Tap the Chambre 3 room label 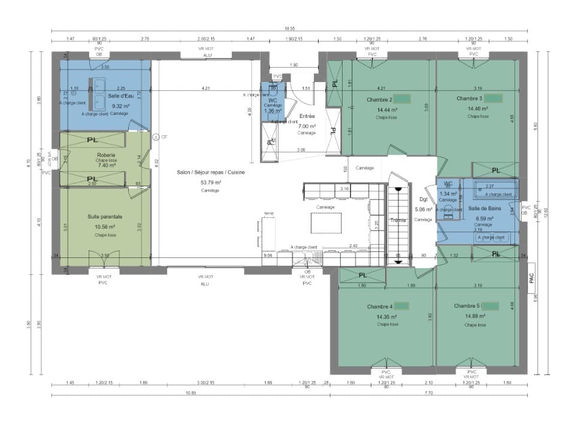pyautogui.click(x=469, y=98)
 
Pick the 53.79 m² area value pyautogui.click(x=210, y=182)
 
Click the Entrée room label pyautogui.click(x=306, y=117)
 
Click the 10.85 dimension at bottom pyautogui.click(x=190, y=393)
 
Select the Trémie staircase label pyautogui.click(x=398, y=220)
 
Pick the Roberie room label pyautogui.click(x=105, y=155)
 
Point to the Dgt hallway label pyautogui.click(x=423, y=199)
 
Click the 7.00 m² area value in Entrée pyautogui.click(x=306, y=126)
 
